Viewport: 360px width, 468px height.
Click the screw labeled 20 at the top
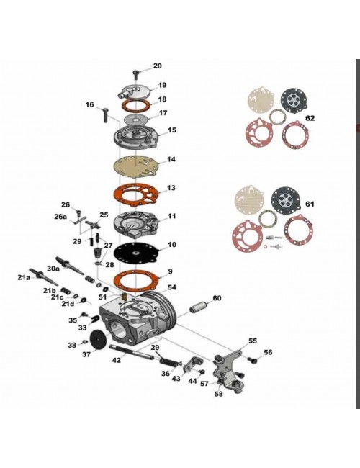point(136,73)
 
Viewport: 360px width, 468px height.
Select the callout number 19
point(162,85)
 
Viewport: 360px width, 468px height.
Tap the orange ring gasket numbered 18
point(136,106)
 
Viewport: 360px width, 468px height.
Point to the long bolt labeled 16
point(105,114)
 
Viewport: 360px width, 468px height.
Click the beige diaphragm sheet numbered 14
point(137,167)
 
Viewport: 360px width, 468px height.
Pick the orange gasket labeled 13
point(136,195)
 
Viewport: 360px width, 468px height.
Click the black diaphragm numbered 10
point(136,253)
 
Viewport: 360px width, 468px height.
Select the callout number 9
point(170,271)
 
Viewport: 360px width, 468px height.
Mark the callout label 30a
point(53,269)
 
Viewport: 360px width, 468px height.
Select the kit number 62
point(310,118)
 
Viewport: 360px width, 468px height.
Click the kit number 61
point(310,204)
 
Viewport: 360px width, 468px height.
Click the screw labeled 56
point(253,360)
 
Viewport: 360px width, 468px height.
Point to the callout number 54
point(172,287)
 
